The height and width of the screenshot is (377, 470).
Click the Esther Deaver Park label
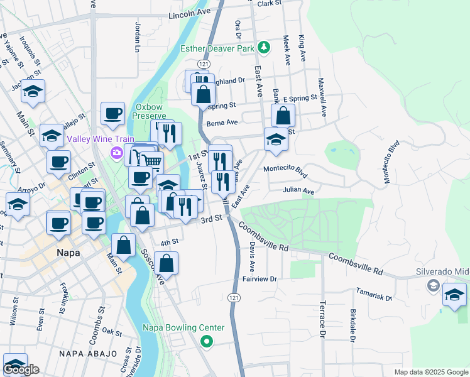coord(217,48)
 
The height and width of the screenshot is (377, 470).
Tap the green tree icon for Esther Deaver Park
coord(265,47)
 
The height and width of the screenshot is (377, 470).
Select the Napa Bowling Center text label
coord(183,327)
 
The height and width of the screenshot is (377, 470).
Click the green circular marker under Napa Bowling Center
coord(206,341)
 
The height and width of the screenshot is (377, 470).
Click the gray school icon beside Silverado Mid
coord(434,286)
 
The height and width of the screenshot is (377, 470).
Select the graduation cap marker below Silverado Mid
coord(454,294)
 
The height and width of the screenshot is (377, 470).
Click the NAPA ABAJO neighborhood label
coord(88,354)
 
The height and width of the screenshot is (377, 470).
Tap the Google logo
coord(21,369)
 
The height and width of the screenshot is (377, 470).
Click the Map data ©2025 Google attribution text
coord(430,372)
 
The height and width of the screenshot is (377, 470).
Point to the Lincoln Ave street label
coord(189,14)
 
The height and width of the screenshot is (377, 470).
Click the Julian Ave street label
coord(298,190)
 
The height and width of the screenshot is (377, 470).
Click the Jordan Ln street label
coord(138,37)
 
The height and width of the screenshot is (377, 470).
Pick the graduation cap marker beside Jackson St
coord(33,92)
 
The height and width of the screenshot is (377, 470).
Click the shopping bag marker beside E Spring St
coord(283,115)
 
